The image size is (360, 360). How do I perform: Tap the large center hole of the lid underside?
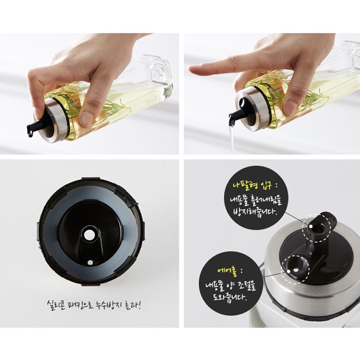(89, 234)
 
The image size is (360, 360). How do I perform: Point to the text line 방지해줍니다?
(255, 211)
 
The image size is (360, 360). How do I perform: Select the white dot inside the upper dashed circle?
(310, 226)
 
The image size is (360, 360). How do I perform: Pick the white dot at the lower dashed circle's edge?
(289, 271)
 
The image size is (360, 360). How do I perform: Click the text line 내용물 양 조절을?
(231, 286)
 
